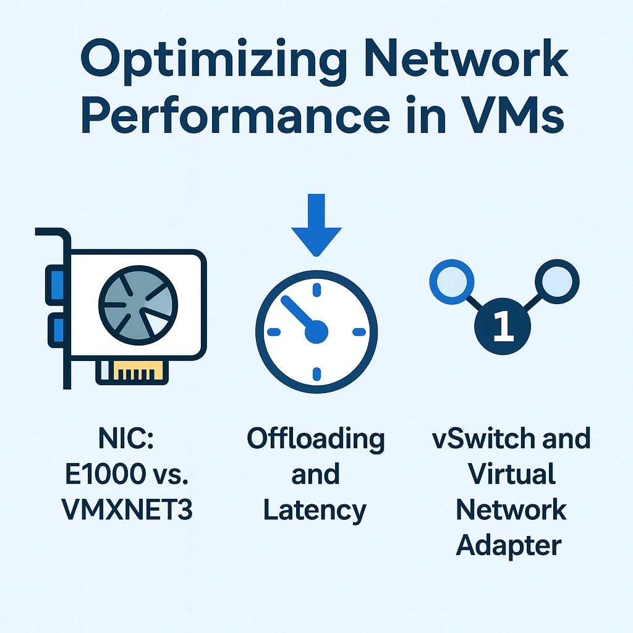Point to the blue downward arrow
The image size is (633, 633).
(316, 222)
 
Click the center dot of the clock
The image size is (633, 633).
(316, 332)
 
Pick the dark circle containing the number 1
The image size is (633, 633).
(503, 326)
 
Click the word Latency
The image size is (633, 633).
(315, 511)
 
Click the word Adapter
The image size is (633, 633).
(511, 545)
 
